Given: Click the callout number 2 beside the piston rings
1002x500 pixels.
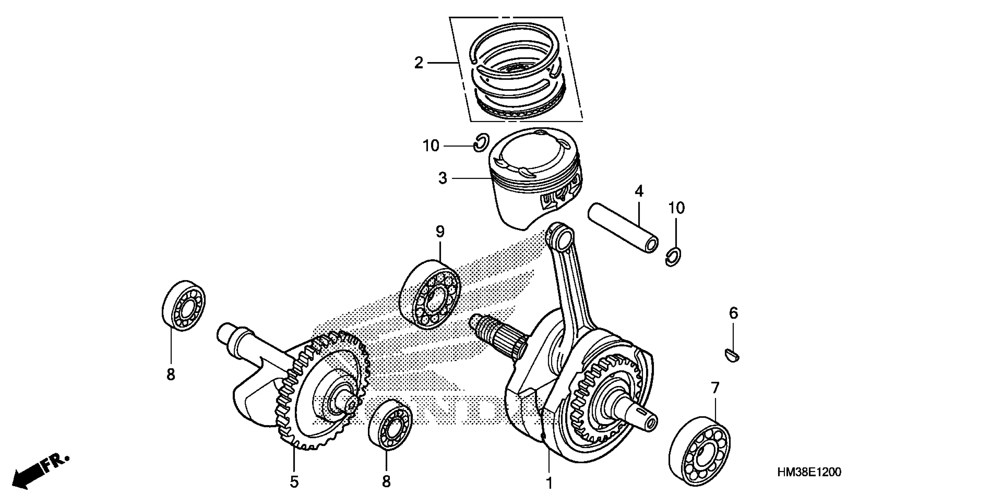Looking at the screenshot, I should pyautogui.click(x=419, y=63).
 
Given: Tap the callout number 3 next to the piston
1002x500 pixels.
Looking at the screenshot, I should pyautogui.click(x=443, y=178).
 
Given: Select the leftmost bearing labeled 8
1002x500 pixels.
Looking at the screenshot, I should pyautogui.click(x=184, y=306).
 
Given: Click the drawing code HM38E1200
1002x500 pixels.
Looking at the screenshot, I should pyautogui.click(x=809, y=472).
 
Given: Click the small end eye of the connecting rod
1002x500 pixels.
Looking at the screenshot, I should pyautogui.click(x=560, y=237).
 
